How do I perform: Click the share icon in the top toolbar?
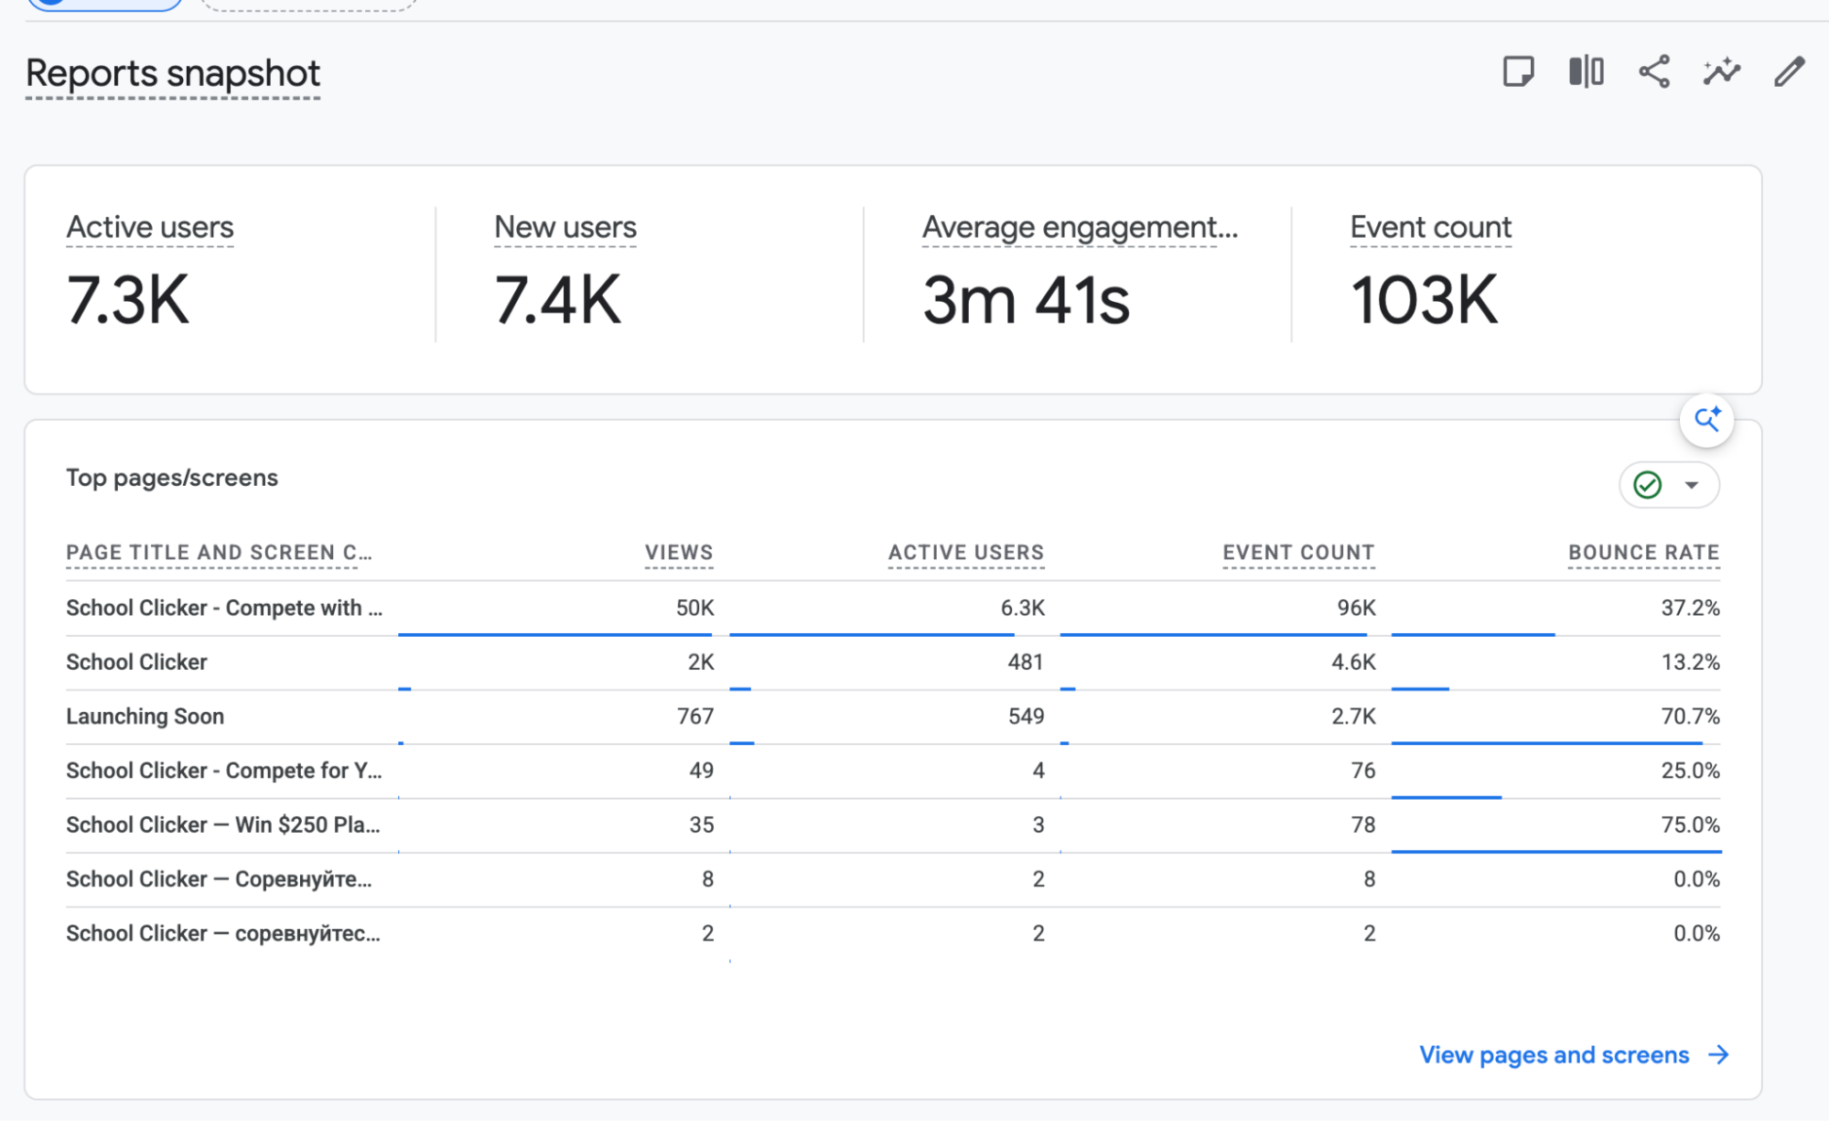click(1653, 71)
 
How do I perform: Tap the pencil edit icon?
click(1790, 71)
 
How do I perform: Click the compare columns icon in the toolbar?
click(1586, 71)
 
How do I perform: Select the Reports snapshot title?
click(173, 73)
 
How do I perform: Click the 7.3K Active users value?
click(128, 299)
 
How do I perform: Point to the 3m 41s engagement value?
click(1026, 299)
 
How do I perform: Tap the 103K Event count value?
click(1425, 299)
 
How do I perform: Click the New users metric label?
click(565, 227)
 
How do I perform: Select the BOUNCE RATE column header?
click(1644, 553)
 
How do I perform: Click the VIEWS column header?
click(679, 553)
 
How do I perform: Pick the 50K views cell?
click(695, 608)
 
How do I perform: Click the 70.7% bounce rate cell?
click(1691, 717)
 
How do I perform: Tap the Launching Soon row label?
click(145, 717)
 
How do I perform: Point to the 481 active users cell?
click(1026, 662)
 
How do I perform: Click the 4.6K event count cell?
click(1353, 662)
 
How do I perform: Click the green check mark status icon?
click(1648, 485)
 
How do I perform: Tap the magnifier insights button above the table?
click(1707, 420)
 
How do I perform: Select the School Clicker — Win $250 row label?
click(223, 825)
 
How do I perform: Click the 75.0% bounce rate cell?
click(1691, 825)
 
